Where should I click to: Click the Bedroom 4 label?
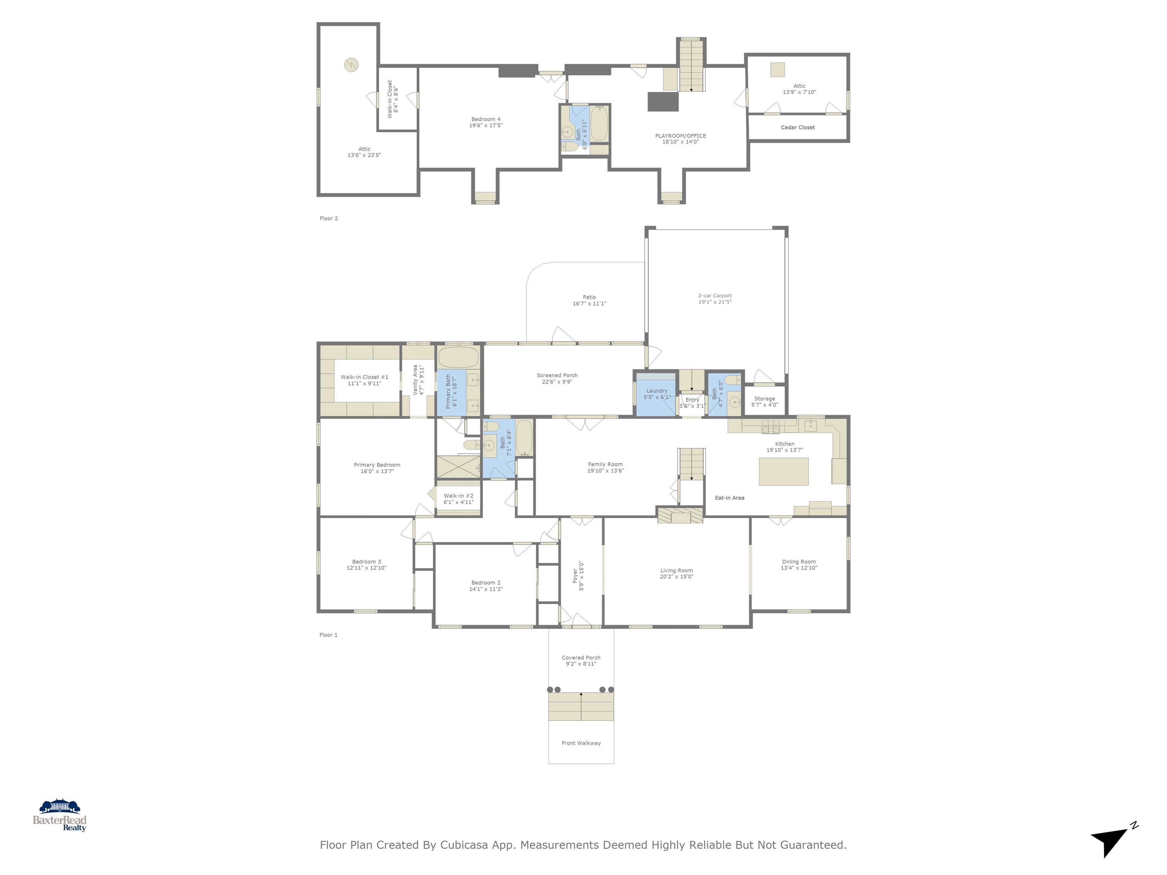[x=485, y=119]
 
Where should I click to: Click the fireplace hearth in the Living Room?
[x=680, y=515]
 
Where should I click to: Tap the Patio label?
[x=589, y=297]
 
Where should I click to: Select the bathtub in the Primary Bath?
[x=458, y=357]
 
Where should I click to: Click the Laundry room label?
[x=656, y=391]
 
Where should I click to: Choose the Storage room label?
[x=764, y=399]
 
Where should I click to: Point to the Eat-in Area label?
[x=729, y=498]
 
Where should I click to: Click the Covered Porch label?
[x=580, y=658]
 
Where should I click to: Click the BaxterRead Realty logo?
[x=60, y=815]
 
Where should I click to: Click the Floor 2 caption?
[x=328, y=218]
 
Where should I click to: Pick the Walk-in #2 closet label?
[x=458, y=496]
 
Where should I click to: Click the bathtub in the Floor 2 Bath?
[x=599, y=124]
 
